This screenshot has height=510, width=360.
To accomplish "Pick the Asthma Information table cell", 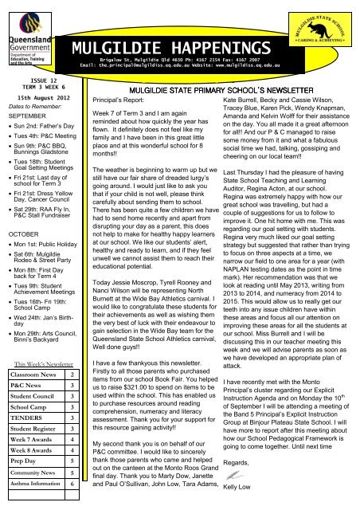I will (x=41, y=505).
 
